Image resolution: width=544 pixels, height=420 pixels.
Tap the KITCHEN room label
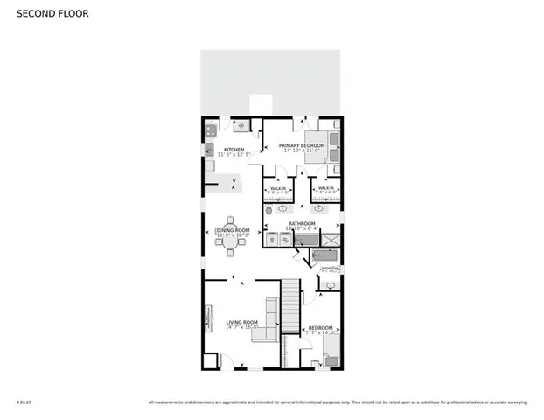234,150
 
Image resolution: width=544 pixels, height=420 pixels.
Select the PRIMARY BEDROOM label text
302,144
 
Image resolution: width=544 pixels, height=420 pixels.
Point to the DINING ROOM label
233,230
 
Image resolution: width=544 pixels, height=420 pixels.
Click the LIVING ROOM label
241,322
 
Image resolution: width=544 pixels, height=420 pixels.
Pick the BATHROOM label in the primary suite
302,223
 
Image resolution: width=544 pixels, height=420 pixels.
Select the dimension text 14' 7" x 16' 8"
241,327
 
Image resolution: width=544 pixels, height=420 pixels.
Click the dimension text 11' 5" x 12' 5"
234,155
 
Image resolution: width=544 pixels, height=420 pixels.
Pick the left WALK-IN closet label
277,188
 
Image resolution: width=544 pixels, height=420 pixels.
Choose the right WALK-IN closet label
325,188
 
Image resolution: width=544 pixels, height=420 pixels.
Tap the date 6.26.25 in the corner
24,402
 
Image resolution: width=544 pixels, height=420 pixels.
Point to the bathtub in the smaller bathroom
325,256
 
